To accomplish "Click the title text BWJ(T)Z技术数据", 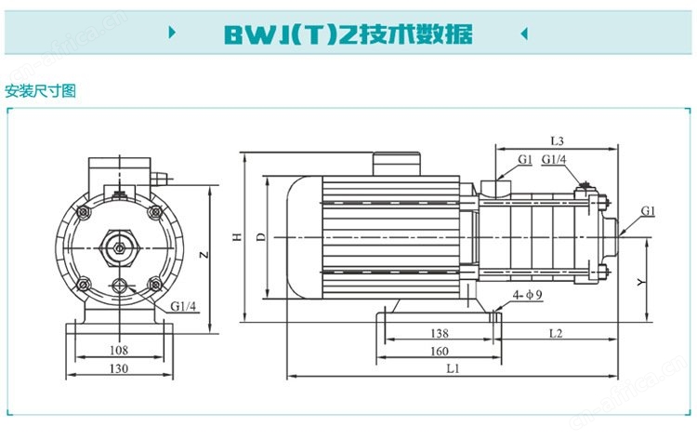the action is coord(348,34).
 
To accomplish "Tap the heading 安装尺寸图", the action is coord(41,91).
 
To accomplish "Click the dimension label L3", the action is coord(557,141).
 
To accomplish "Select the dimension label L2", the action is coord(556,333).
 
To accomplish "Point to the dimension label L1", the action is coord(453,368).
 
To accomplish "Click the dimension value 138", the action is coord(440,333).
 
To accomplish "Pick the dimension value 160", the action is coord(440,351).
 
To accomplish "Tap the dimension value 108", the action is coord(119,350).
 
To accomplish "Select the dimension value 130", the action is coord(119,368).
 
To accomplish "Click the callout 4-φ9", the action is coord(527,295).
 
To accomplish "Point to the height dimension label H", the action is coord(238,237).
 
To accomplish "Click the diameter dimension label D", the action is coord(261,237).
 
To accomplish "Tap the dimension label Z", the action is coord(204,255).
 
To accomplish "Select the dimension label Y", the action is coord(640,282).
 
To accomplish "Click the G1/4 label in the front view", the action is coord(183,306).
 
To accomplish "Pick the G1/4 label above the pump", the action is coord(554,159).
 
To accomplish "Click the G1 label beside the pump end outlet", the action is coord(648,210).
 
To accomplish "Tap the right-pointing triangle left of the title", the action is coord(173,33).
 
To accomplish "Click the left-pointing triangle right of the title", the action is coord(524,33).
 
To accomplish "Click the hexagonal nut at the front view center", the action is coord(119,247).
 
